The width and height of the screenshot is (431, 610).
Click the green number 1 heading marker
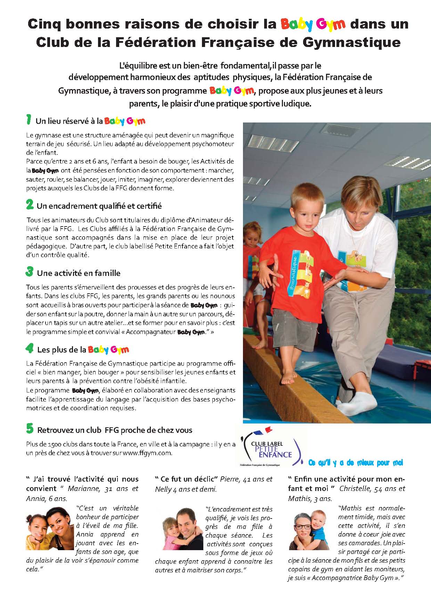point(29,120)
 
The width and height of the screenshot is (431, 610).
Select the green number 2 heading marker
point(30,205)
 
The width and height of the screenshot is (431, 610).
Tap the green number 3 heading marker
point(30,272)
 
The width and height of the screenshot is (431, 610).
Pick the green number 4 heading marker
point(30,349)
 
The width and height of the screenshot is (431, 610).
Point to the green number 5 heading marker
point(30,429)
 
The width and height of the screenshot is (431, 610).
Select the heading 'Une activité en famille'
point(79,273)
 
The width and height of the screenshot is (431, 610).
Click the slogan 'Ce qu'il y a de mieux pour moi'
point(355,463)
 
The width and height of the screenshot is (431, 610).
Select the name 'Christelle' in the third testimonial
point(354,489)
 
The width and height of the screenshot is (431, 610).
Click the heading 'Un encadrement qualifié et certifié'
point(99,206)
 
